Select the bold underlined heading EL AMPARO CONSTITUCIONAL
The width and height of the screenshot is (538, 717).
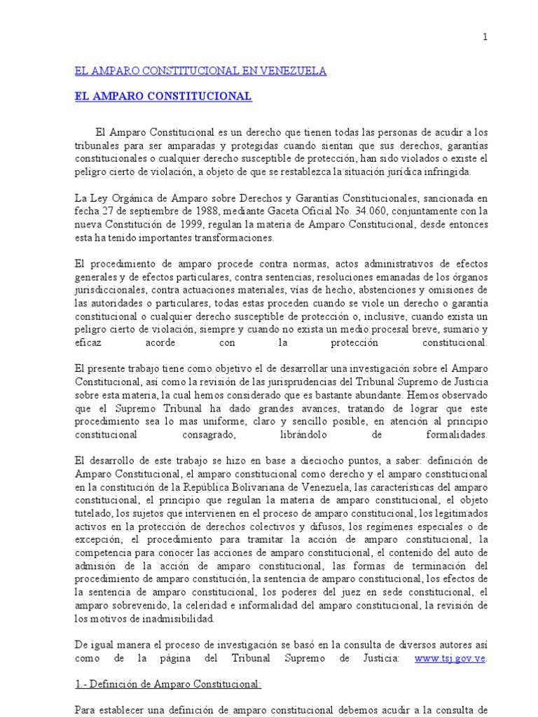163,97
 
